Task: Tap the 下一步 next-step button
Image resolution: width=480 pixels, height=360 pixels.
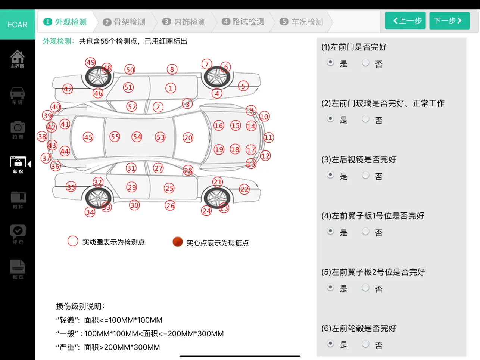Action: (449, 21)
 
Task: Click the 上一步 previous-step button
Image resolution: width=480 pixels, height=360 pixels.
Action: (405, 21)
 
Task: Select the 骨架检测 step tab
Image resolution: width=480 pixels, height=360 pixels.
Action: (124, 22)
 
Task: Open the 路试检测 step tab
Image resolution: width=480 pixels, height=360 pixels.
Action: (243, 22)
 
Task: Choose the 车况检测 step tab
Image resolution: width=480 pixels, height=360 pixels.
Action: (301, 22)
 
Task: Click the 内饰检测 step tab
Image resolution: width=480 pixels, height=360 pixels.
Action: (184, 22)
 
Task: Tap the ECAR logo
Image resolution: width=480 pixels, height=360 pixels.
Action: (18, 24)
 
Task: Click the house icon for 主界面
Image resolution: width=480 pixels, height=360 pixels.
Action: (18, 56)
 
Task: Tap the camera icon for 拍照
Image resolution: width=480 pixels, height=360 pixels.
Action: (18, 127)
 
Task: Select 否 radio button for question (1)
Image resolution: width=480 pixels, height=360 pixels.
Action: (365, 62)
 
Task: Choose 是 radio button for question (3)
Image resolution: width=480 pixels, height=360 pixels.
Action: (330, 175)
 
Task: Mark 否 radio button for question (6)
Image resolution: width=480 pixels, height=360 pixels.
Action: (365, 344)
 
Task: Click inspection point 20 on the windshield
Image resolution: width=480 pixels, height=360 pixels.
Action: (188, 137)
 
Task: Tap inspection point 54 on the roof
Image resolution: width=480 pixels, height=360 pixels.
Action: (137, 137)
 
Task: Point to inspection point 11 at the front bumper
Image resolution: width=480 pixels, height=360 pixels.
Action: (268, 137)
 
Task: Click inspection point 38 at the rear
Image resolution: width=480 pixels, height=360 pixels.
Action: (42, 137)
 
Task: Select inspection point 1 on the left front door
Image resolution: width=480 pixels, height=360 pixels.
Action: (171, 88)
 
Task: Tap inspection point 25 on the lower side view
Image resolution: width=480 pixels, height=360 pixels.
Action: (169, 188)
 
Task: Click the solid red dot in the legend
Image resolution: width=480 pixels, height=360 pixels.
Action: (178, 242)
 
